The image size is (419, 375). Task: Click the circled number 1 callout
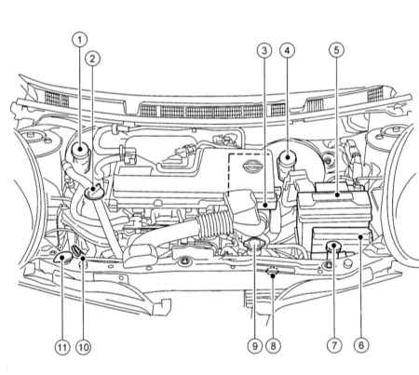(80, 40)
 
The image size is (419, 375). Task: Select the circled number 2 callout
(92, 59)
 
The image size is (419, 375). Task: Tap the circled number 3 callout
(264, 50)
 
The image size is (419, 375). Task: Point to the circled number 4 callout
(287, 50)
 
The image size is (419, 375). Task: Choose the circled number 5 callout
(337, 50)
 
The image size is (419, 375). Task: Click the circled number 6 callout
(361, 345)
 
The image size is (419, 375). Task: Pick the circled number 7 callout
(334, 345)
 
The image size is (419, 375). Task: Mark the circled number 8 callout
(273, 345)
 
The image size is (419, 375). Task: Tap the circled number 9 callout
(254, 345)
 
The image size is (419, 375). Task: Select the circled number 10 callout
(84, 347)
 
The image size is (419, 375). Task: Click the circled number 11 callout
(62, 347)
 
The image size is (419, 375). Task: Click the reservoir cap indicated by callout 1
(80, 150)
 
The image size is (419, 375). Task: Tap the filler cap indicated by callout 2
(93, 191)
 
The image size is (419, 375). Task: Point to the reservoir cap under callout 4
(287, 157)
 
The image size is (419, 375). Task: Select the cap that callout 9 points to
(254, 243)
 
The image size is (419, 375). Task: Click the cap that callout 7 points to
(333, 247)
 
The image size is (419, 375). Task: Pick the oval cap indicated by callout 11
(63, 258)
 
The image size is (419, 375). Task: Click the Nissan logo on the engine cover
(252, 167)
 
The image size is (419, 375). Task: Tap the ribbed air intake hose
(215, 222)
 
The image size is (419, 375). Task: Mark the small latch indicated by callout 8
(273, 271)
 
